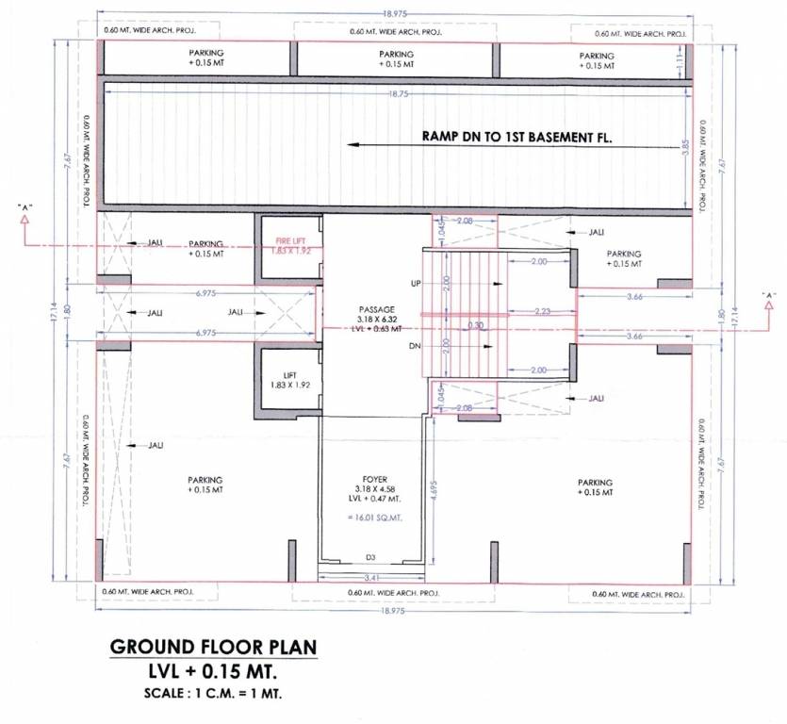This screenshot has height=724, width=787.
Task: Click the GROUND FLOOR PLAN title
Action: [214, 648]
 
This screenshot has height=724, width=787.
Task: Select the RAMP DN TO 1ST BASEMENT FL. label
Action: [517, 137]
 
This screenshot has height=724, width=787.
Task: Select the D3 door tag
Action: [370, 558]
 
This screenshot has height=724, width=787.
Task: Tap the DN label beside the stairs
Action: [414, 346]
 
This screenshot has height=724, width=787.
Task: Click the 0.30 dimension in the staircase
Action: [477, 326]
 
